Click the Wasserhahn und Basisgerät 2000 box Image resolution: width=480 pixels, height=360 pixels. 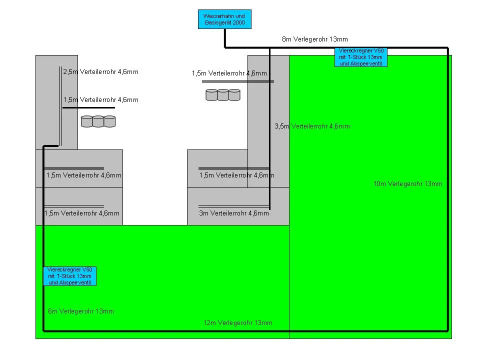(224, 19)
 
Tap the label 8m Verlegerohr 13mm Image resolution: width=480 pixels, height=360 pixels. (314, 39)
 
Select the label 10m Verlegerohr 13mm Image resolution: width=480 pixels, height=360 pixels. (408, 183)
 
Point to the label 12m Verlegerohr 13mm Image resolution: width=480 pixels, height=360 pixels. (238, 322)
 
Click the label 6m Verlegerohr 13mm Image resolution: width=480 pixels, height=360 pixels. (81, 311)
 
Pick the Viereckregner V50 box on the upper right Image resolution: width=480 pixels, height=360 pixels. (361, 57)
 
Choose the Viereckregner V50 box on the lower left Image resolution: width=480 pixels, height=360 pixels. (70, 276)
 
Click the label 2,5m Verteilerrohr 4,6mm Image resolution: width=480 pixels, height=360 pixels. (100, 72)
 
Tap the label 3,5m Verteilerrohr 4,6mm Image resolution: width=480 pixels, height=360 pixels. (312, 126)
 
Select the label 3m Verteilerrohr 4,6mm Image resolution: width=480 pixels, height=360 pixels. (234, 213)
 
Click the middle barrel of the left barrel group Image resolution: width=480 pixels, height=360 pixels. (98, 121)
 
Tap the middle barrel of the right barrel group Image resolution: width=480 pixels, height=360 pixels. (223, 95)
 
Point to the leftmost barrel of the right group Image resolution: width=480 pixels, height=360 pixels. (211, 95)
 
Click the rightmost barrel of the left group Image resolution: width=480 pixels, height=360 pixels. (109, 121)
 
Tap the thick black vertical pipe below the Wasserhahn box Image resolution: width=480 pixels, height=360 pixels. (225, 38)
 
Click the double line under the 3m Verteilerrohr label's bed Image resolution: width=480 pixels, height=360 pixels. (234, 206)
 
